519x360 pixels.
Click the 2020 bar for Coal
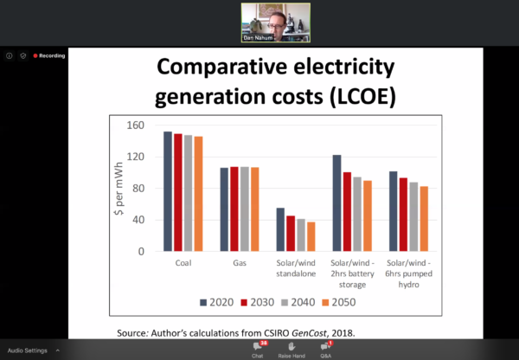click(x=168, y=191)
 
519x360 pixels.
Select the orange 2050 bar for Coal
click(x=198, y=194)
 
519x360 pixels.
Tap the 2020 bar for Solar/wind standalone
click(x=280, y=229)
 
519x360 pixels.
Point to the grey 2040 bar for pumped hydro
click(x=413, y=216)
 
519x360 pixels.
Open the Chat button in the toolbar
click(x=257, y=349)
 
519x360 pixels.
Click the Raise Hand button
click(x=292, y=349)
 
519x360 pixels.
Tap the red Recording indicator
click(x=49, y=55)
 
